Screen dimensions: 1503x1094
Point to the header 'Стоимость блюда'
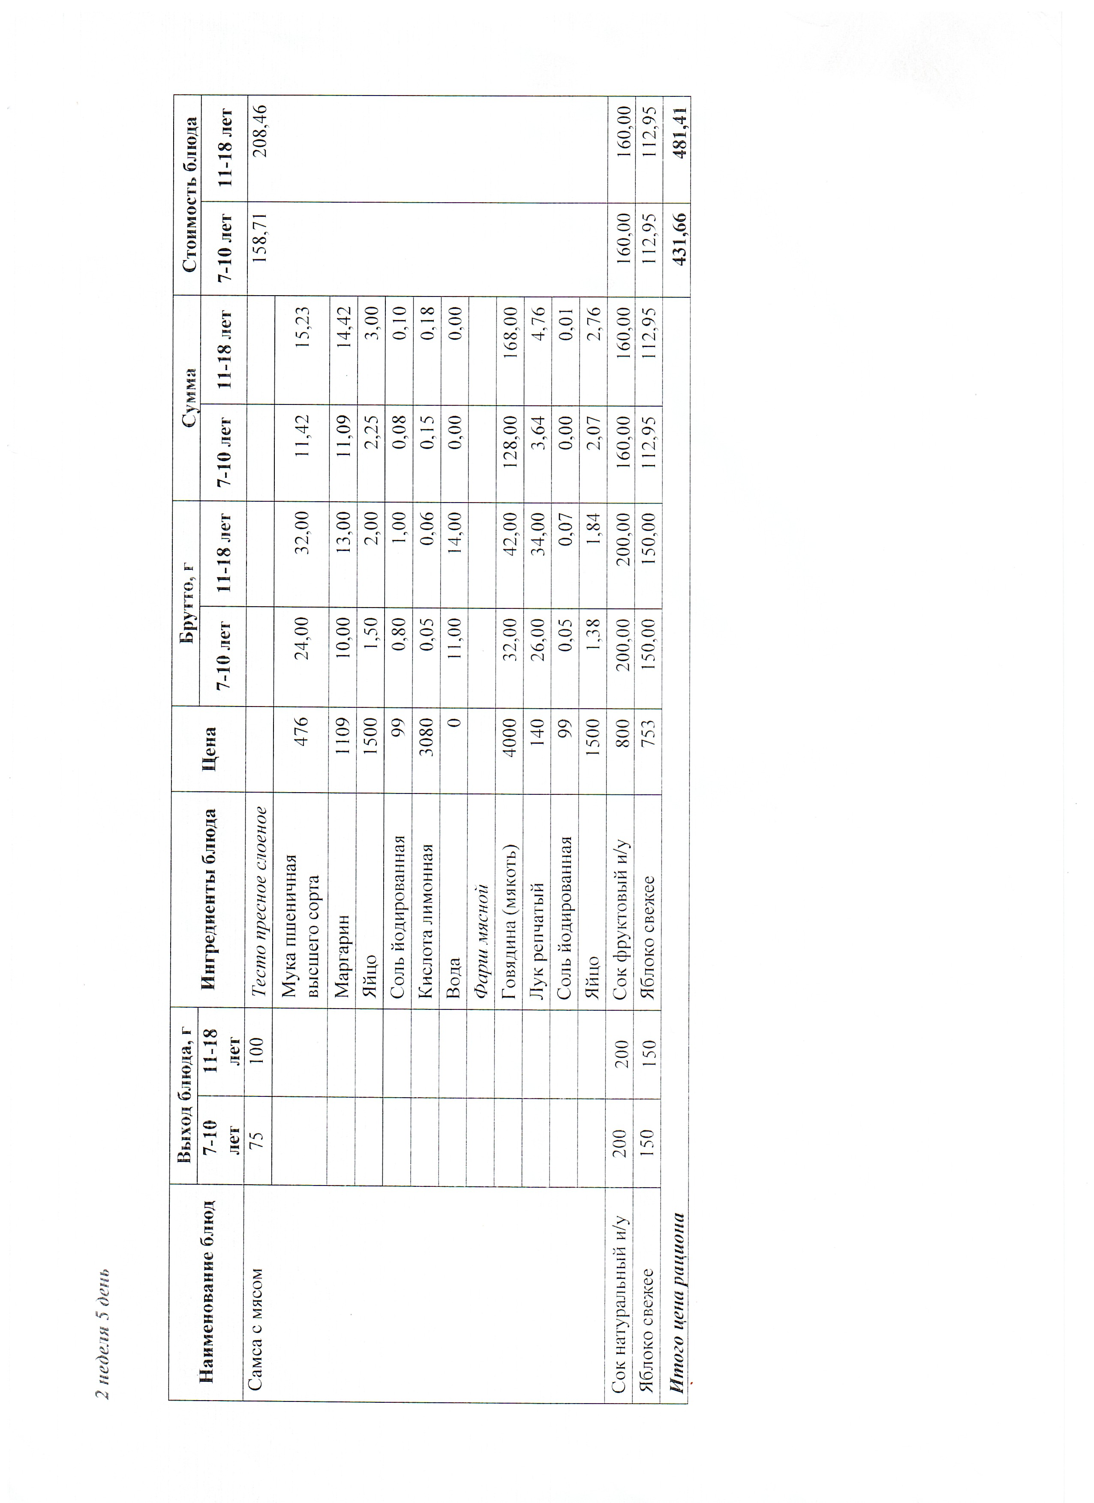189,194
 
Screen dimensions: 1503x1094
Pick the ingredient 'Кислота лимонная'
425,921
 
